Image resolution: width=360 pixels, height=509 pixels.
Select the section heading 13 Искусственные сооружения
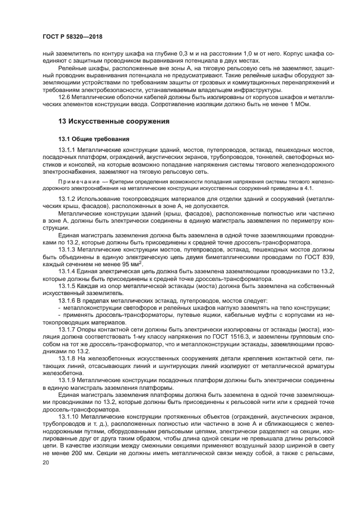tap(114, 121)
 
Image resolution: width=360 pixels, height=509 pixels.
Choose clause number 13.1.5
tap(68, 286)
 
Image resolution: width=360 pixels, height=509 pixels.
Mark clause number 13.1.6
tap(68, 301)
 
